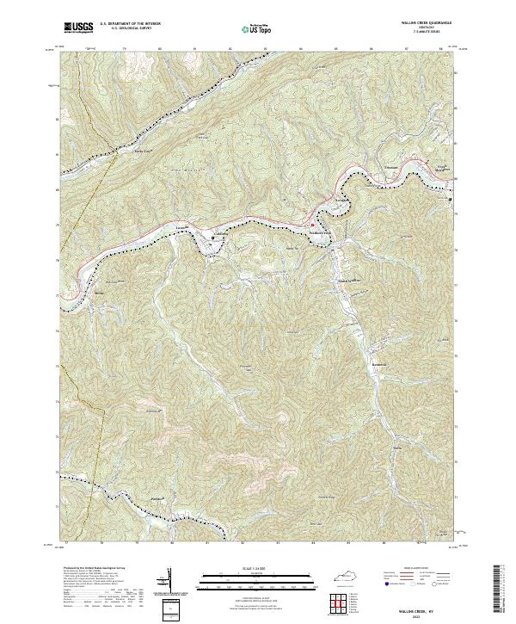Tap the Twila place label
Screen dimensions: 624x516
(x=397, y=447)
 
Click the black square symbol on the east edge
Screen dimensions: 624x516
(x=449, y=201)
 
